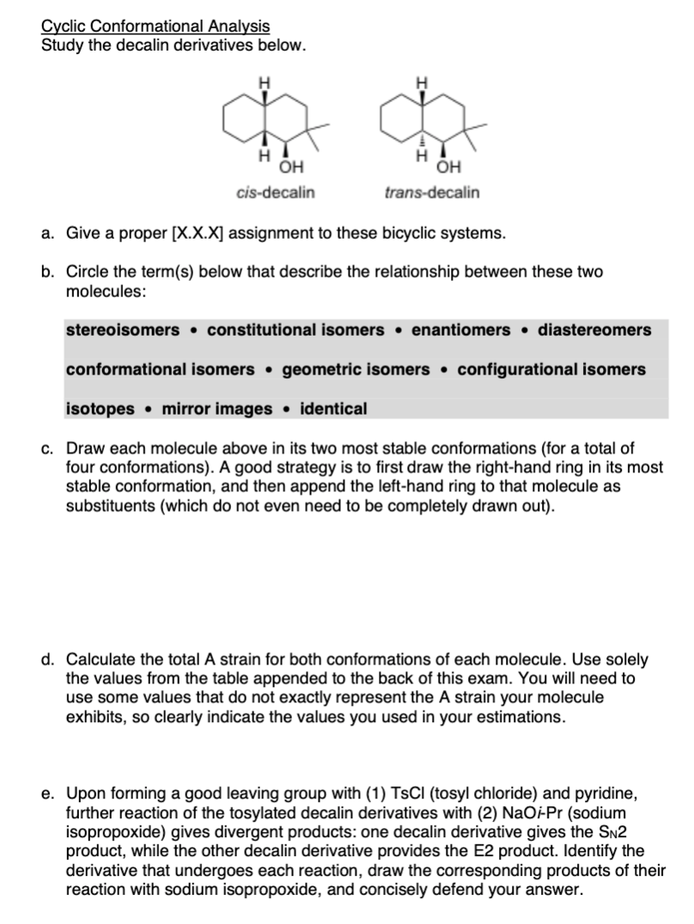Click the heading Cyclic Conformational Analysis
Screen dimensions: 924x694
tap(155, 27)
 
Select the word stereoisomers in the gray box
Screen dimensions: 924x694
tap(123, 330)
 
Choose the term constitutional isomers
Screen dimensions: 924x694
tap(295, 330)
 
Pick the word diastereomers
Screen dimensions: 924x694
tap(594, 330)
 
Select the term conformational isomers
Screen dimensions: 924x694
tap(161, 369)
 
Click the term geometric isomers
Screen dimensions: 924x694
tap(356, 369)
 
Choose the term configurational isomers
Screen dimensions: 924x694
tap(551, 369)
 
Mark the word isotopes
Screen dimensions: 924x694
tap(100, 409)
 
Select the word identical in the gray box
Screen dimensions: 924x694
tap(333, 409)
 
